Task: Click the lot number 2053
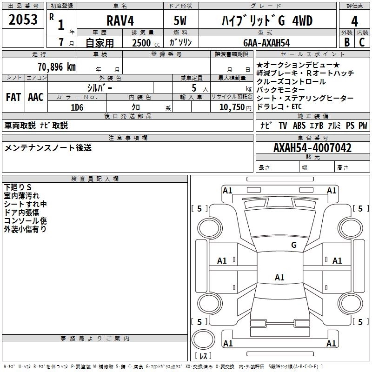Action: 23,20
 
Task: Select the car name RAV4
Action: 120,21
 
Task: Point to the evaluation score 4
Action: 354,21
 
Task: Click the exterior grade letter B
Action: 346,42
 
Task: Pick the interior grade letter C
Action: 362,42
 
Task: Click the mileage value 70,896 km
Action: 55,66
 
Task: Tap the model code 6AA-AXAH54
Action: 266,43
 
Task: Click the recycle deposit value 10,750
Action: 232,107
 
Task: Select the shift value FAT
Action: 13,97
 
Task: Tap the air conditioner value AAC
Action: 35,97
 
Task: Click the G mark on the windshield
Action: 294,245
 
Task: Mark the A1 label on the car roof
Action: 279,278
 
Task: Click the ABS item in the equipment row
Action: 300,126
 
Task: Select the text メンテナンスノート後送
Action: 48,148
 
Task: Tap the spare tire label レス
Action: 203,356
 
